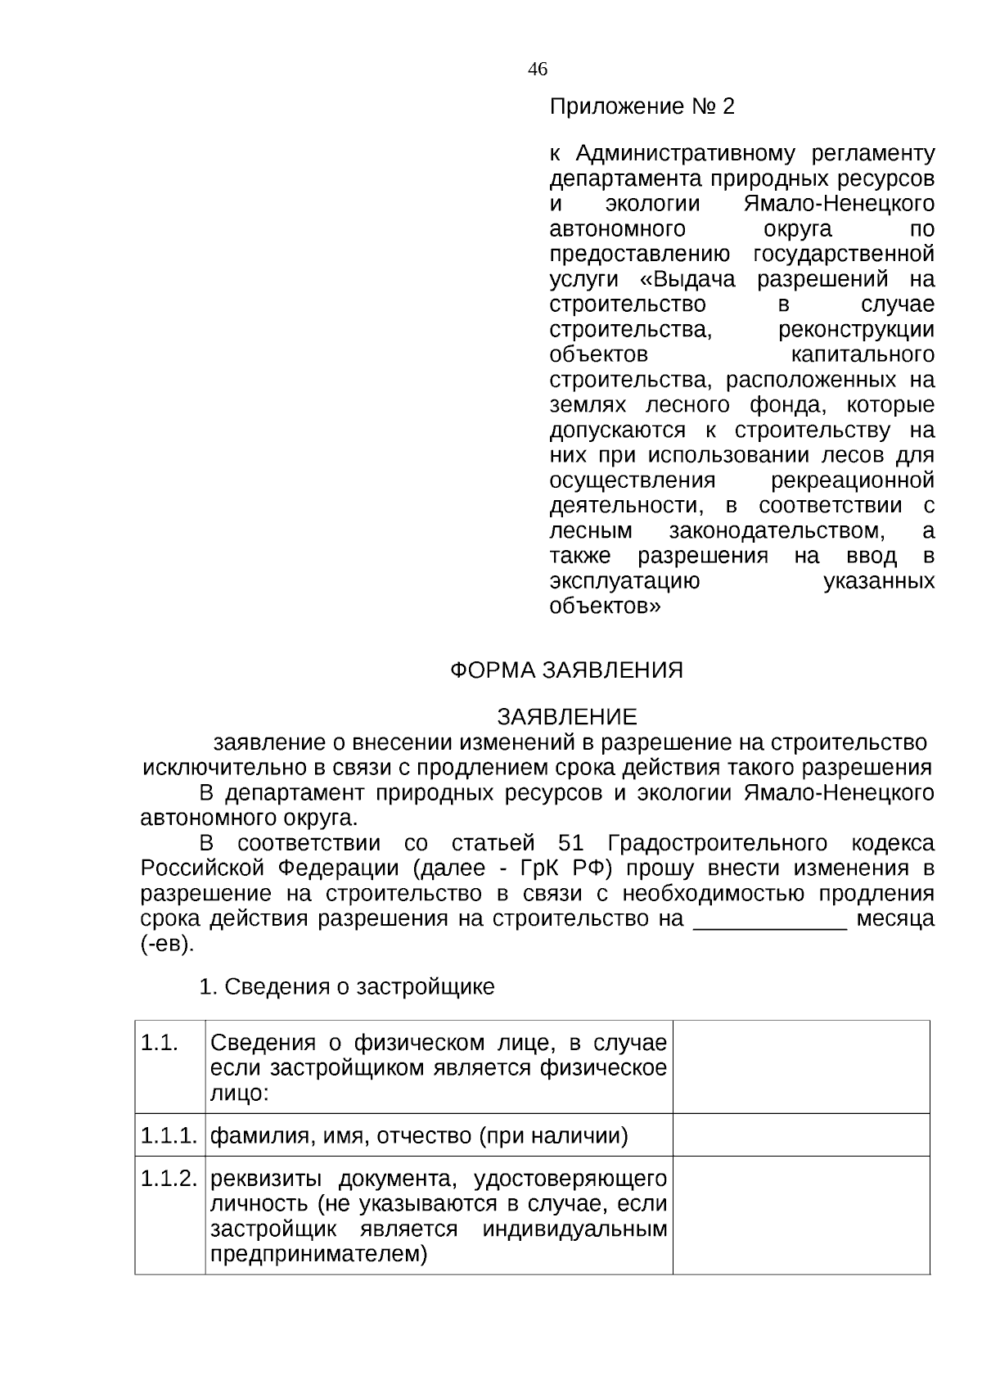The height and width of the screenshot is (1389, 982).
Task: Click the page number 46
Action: pos(538,70)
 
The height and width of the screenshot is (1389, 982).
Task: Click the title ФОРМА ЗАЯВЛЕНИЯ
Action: pos(566,670)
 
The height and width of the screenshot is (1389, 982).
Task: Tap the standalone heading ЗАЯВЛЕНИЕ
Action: pos(566,718)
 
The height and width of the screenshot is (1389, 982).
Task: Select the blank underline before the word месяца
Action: pos(769,920)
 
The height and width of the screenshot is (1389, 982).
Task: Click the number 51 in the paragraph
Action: pos(570,844)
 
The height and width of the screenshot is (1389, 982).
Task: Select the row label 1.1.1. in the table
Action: pos(169,1136)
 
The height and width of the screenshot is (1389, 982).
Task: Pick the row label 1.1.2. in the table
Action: pos(169,1179)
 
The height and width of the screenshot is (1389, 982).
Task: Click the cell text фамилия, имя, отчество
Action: pos(341,1136)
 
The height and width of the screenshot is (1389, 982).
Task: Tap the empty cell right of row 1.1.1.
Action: pos(800,1135)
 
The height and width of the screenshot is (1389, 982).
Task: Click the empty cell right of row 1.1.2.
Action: pos(800,1215)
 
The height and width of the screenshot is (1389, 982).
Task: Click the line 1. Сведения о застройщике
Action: pos(347,987)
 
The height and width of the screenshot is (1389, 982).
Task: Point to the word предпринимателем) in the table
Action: pos(319,1255)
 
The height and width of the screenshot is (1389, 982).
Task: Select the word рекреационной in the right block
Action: pos(853,480)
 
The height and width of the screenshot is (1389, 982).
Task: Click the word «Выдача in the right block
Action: pos(687,279)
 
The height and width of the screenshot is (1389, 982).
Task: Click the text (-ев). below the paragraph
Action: pos(168,944)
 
